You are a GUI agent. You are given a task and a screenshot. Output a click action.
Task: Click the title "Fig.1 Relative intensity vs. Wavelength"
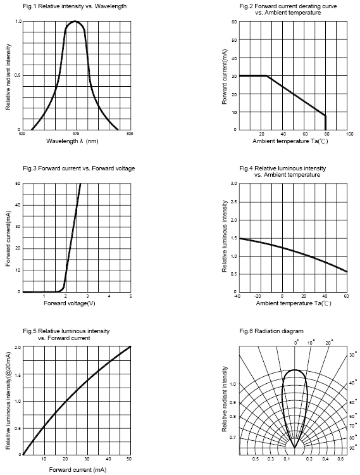[75, 6]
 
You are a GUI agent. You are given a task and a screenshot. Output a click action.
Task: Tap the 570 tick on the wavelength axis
[76, 133]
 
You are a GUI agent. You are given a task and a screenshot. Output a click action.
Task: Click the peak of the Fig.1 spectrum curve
[75, 21]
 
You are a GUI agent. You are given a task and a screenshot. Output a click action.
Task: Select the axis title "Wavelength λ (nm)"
[72, 141]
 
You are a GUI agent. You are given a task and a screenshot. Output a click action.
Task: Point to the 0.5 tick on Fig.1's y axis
[18, 75]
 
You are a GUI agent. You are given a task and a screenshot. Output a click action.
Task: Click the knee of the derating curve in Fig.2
[266, 76]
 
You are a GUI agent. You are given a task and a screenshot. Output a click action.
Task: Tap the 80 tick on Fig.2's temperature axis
[326, 134]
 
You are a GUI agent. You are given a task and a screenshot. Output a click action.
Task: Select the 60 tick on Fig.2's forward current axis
[234, 22]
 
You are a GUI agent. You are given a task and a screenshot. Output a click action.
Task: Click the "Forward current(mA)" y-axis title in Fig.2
[225, 77]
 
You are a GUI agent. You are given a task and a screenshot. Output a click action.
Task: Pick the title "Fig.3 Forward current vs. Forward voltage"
[79, 168]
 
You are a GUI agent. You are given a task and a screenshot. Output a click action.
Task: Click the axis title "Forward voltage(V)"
[70, 303]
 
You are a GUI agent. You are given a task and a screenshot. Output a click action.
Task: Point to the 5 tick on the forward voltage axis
[131, 296]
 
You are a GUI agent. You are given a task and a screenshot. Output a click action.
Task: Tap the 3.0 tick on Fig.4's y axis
[233, 183]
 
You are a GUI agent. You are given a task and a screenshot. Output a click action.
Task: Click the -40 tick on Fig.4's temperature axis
[237, 296]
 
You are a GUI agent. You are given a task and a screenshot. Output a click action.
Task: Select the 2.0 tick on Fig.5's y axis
[18, 347]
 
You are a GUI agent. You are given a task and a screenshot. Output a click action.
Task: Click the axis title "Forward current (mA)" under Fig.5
[78, 469]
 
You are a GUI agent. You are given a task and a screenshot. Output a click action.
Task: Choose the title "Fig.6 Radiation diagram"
[271, 331]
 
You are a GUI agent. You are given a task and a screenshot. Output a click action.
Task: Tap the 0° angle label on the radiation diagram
[297, 342]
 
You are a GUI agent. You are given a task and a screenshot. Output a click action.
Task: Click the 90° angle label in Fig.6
[352, 448]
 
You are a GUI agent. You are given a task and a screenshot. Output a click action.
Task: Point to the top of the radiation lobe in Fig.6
[295, 370]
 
